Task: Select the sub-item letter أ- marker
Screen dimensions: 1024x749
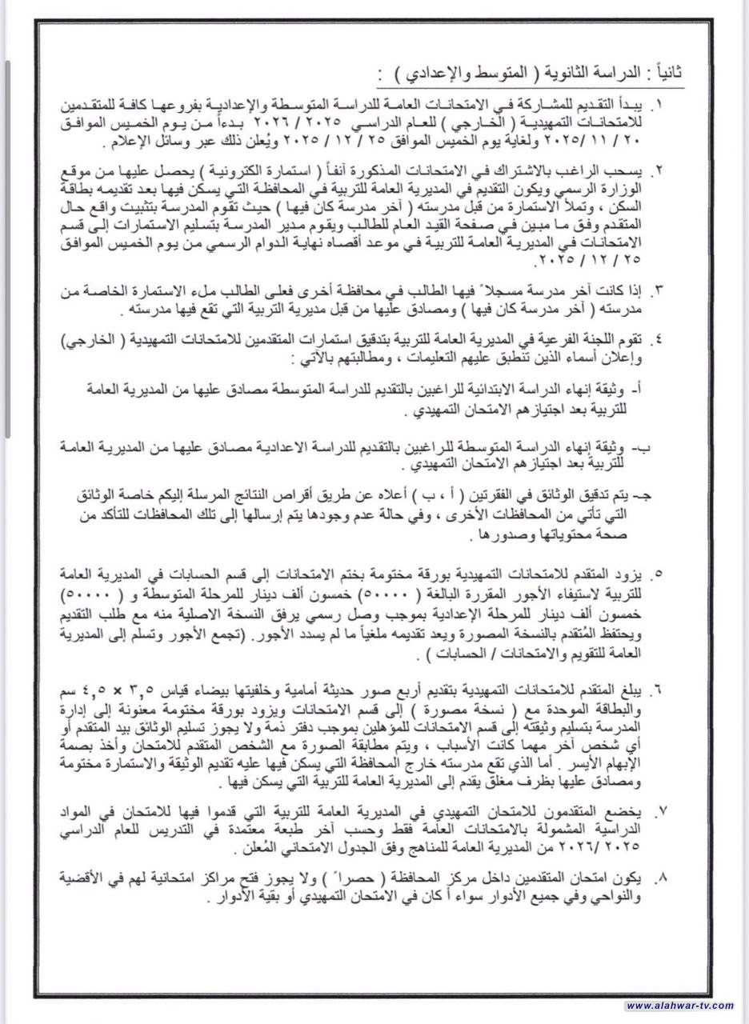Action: pyautogui.click(x=649, y=388)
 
